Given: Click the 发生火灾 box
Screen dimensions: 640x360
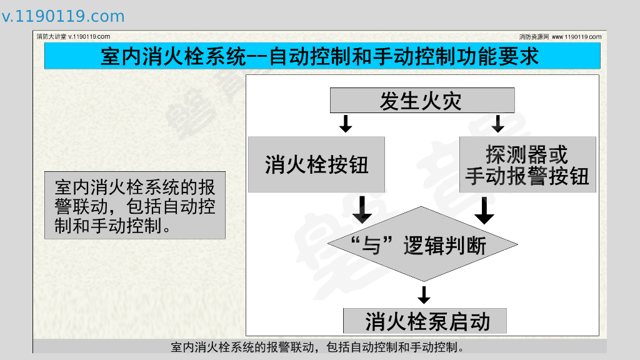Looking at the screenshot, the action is (422, 100).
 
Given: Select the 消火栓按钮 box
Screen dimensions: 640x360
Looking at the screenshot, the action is (316, 164).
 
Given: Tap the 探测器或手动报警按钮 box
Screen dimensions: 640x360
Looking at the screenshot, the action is (527, 165).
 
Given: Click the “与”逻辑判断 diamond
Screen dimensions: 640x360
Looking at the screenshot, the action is (423, 244).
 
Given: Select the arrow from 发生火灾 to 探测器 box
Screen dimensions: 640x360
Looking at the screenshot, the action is (497, 123).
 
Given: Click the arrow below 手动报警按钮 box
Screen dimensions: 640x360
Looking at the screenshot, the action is (484, 211).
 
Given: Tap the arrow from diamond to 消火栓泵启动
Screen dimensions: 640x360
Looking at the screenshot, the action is (424, 295).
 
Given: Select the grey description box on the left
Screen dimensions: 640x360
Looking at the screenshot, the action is (134, 205).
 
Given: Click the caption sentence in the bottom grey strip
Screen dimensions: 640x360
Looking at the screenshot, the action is (319, 347).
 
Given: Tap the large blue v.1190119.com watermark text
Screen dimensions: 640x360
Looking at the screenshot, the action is (63, 17).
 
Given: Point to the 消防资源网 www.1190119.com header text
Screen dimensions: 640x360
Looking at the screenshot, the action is (560, 36).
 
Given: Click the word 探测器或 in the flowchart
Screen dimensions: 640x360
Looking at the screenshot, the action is (527, 154).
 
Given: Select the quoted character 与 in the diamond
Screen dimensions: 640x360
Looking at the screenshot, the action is (372, 246).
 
